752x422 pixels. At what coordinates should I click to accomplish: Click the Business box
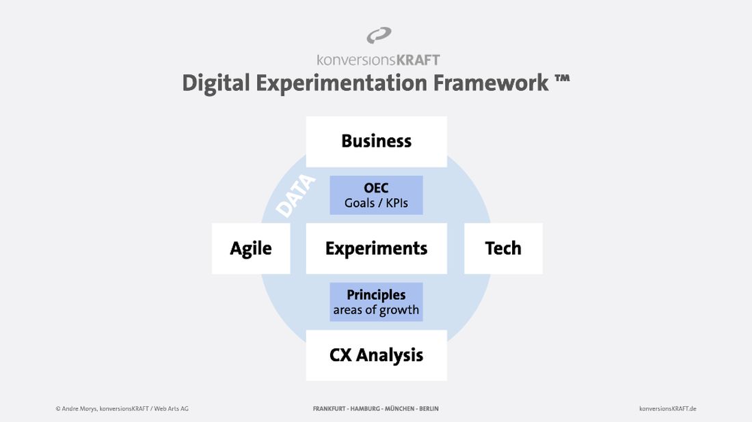[377, 142]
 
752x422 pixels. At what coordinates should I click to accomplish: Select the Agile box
[251, 249]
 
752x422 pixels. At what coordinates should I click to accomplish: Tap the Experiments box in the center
[377, 249]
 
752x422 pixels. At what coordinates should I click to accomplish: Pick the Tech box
[504, 249]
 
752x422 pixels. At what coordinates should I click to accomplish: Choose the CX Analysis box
[377, 355]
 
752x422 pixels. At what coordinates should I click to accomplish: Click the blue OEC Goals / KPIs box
[376, 195]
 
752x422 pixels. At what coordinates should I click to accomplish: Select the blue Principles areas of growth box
[376, 302]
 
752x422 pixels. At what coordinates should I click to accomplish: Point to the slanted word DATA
[296, 196]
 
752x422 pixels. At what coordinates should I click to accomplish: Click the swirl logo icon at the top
[379, 36]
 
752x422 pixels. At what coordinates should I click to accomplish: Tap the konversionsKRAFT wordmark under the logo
[378, 60]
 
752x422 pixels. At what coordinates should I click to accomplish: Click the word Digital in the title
[216, 83]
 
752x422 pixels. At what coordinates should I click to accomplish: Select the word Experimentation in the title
[341, 83]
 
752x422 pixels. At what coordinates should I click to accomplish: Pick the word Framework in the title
[491, 83]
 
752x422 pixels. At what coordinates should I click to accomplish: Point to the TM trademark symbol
[562, 79]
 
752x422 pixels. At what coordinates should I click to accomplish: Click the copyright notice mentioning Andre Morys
[122, 408]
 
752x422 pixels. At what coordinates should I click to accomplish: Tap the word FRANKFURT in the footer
[329, 408]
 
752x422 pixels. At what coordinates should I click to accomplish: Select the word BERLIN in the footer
[429, 408]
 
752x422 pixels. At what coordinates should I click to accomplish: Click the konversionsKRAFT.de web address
[668, 408]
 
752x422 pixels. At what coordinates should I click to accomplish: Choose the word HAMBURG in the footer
[365, 408]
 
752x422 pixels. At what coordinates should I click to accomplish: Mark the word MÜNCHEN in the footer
[399, 408]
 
